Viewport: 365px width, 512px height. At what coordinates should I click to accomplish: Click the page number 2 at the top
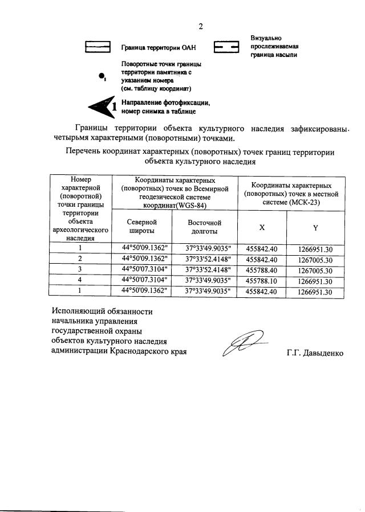(200, 26)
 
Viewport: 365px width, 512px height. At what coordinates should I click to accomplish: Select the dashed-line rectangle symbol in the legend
(227, 48)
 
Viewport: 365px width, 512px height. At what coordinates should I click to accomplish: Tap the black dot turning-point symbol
(102, 76)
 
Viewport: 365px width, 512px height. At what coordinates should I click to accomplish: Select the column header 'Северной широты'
(141, 227)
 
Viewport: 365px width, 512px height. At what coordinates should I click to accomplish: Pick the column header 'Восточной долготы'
(204, 227)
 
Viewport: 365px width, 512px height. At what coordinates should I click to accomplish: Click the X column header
(262, 227)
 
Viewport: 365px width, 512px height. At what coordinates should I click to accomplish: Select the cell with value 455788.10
(261, 281)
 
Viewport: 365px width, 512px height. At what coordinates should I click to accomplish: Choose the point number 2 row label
(80, 259)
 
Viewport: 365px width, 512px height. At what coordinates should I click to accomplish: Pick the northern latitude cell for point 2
(144, 259)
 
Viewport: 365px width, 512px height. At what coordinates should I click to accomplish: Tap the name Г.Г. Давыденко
(315, 353)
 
